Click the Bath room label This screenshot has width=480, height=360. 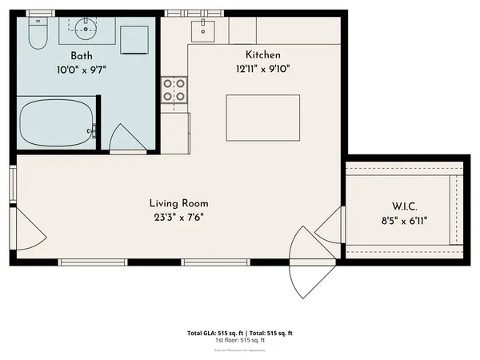(82, 55)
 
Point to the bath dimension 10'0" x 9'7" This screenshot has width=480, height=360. (82, 69)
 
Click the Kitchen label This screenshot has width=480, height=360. (263, 54)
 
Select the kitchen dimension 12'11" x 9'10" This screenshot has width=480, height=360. (263, 68)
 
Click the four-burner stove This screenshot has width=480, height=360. (174, 90)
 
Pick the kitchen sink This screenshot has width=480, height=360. (203, 30)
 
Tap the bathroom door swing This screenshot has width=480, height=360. (125, 140)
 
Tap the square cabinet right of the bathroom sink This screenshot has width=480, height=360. (134, 38)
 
